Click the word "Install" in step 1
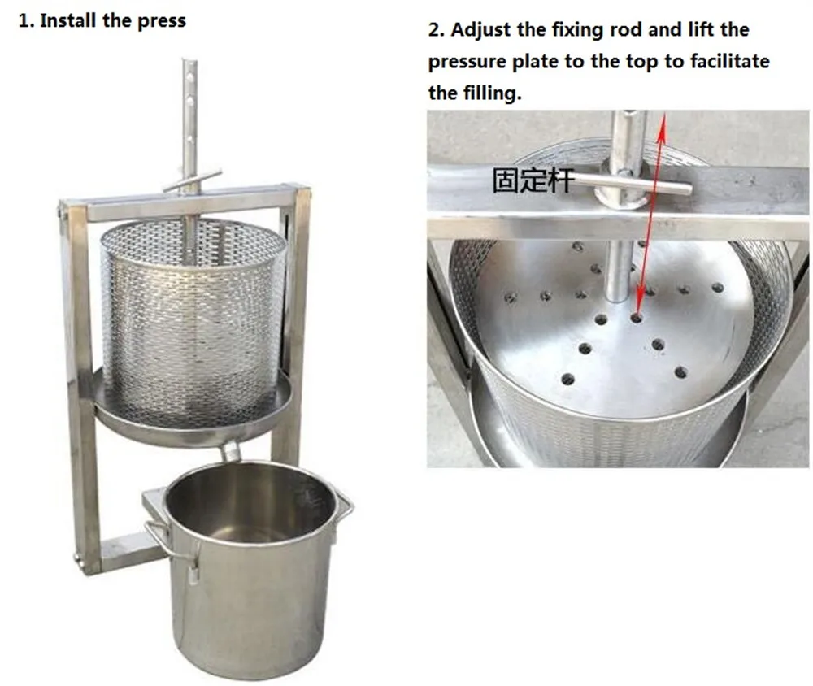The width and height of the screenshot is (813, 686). click(x=68, y=21)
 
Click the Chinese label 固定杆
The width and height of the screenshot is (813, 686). click(x=533, y=180)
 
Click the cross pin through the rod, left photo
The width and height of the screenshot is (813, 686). click(x=192, y=180)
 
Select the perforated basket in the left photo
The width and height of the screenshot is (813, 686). click(x=193, y=322)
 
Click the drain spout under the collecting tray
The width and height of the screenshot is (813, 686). click(x=231, y=451)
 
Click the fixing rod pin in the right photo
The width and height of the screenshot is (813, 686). click(x=633, y=184)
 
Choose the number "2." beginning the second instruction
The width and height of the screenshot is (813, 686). click(x=437, y=30)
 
